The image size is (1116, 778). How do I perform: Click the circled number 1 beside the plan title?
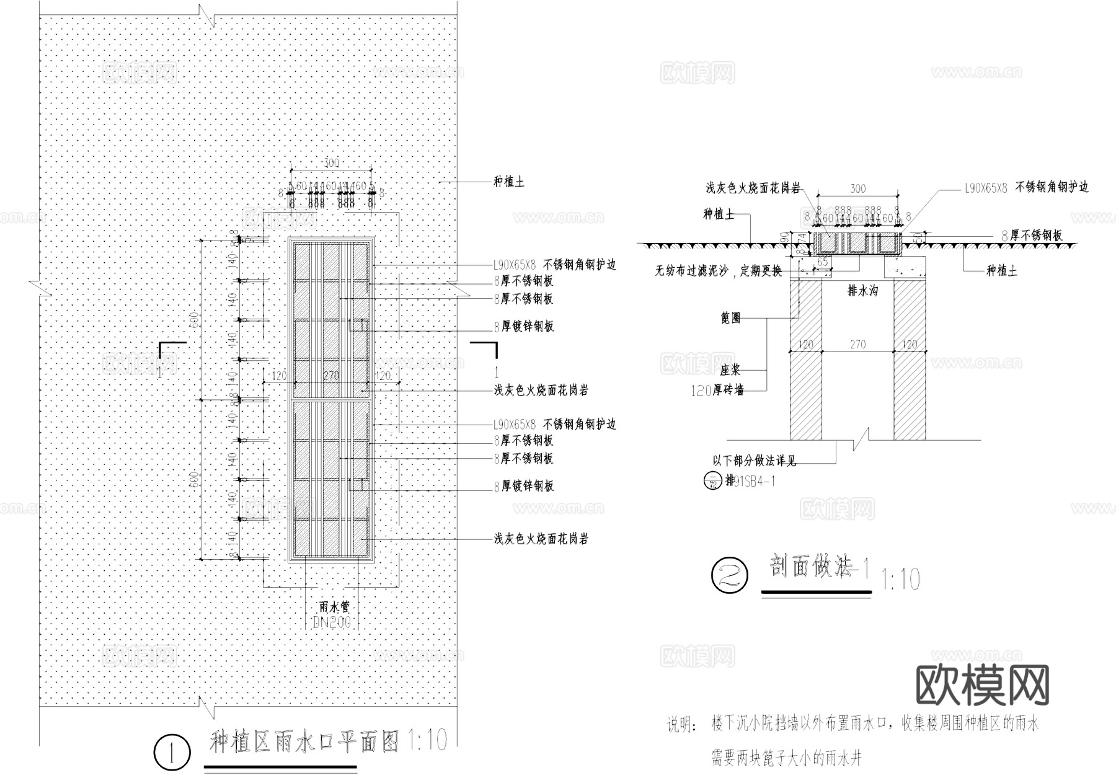pos(171,753)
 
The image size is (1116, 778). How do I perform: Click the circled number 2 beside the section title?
pos(730,577)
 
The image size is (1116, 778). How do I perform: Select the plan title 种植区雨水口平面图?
pos(304,741)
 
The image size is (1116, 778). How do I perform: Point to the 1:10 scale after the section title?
pos(900,580)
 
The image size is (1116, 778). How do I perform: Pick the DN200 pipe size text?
pos(332,622)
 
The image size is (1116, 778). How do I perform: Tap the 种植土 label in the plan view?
pos(509,182)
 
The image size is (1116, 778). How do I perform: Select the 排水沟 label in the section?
pos(862,290)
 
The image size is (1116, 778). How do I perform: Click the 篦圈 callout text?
pos(731,319)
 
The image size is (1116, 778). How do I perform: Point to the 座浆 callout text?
pos(730,370)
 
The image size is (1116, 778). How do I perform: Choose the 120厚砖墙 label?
pos(717,391)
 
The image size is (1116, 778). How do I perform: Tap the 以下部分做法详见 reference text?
pos(754,461)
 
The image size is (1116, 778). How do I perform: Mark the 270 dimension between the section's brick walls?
pos(857,344)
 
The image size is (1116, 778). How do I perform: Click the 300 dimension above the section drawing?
pos(857,188)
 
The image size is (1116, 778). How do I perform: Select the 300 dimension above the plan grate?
pos(332,162)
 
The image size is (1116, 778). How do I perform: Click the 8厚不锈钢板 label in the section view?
pos(1032,236)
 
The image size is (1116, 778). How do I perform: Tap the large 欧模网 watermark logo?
pos(982,685)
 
